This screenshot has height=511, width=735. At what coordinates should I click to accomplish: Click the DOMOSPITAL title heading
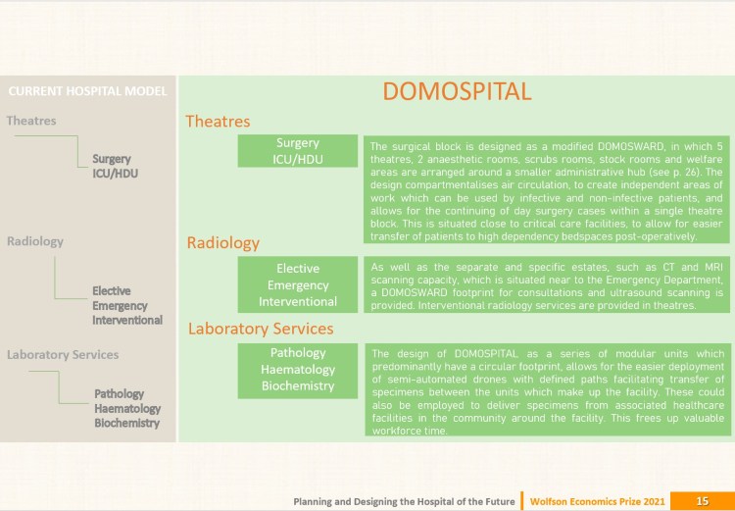tap(457, 92)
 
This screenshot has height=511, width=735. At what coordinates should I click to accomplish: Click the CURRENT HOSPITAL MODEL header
tap(87, 92)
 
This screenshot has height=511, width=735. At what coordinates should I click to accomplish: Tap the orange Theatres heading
tap(218, 122)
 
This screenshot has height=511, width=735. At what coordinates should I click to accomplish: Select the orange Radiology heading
tap(222, 242)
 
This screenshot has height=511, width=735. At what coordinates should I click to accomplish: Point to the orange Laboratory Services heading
tap(261, 329)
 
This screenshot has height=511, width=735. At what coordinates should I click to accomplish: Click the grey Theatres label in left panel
tap(31, 121)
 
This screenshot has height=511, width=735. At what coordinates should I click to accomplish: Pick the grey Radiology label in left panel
tap(35, 240)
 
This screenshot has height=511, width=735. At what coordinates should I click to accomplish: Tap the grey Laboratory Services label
tap(63, 354)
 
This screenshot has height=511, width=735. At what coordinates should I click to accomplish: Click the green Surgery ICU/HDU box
tap(298, 151)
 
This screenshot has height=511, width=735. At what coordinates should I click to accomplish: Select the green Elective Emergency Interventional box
tap(298, 284)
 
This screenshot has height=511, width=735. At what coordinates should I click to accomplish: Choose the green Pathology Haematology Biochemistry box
tap(298, 369)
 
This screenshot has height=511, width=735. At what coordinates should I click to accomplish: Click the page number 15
tap(702, 501)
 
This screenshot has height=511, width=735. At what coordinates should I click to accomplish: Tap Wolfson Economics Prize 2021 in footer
tap(598, 501)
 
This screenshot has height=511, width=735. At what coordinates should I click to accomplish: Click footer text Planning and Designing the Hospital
tap(404, 501)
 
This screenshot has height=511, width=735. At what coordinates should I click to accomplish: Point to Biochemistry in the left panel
tap(127, 423)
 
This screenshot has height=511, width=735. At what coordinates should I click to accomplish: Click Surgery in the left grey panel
tap(112, 158)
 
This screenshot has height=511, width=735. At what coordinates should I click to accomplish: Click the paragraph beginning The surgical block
tap(546, 190)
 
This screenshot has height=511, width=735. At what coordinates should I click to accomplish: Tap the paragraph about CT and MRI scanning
tap(546, 285)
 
